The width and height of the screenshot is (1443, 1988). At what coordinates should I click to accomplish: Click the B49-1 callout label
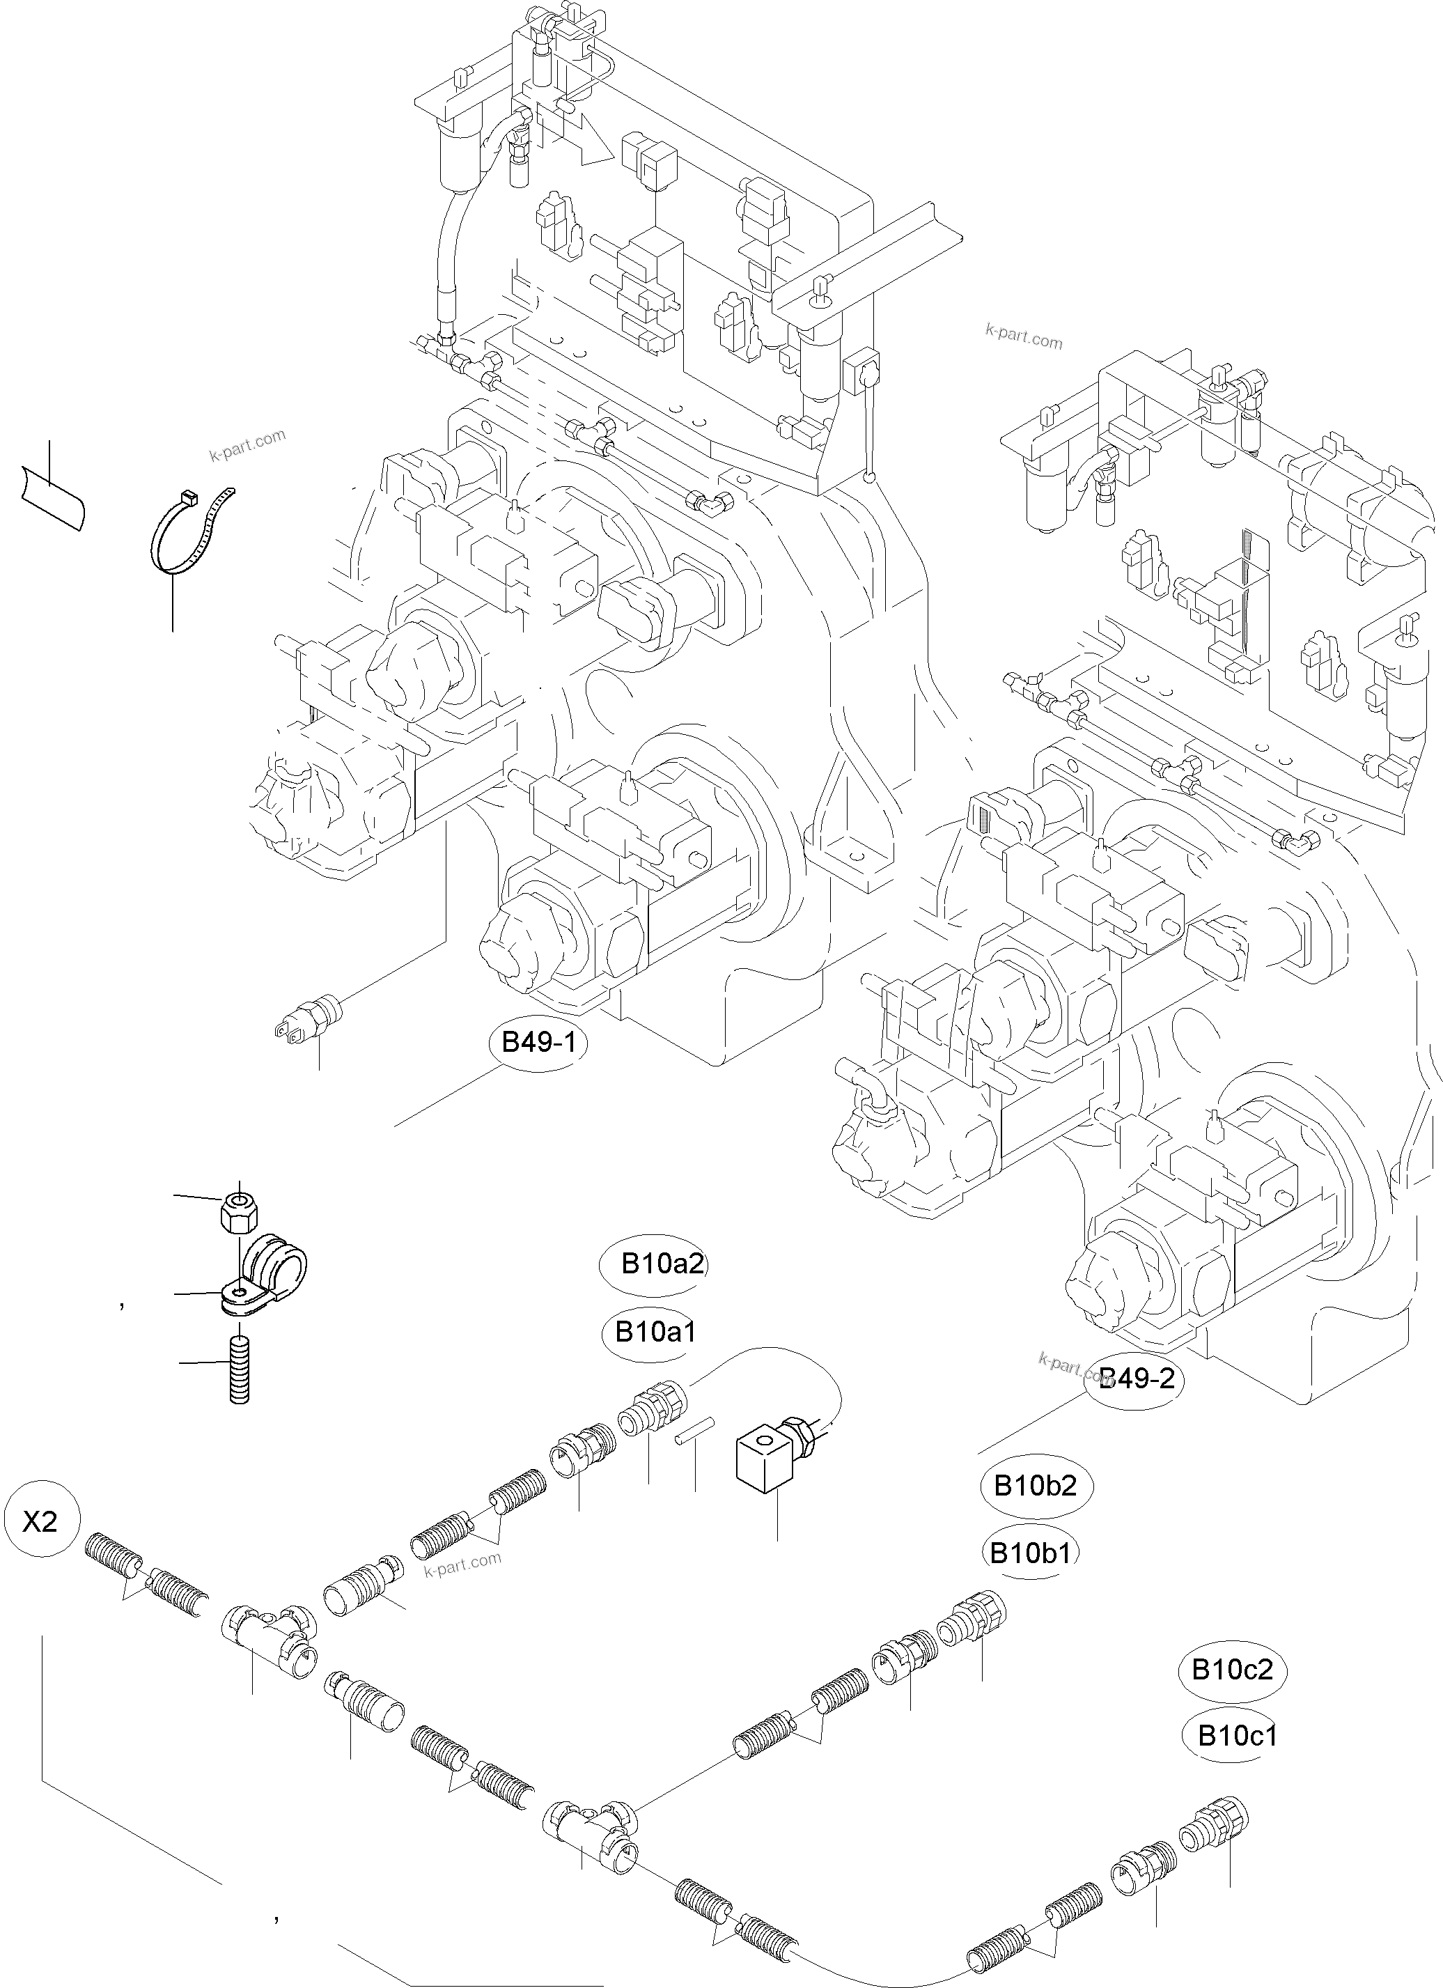coord(538,1043)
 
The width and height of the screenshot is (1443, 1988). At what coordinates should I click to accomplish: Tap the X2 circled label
coord(40,1521)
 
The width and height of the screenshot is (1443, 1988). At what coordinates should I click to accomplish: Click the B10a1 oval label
coord(654,1333)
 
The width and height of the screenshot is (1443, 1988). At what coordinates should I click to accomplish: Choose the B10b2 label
coord(1035,1486)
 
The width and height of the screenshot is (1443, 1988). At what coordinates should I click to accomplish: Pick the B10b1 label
coord(1029,1553)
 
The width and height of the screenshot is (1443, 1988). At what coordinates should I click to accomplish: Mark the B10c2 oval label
coord(1232,1669)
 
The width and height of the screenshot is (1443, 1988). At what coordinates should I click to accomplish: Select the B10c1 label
coord(1236,1736)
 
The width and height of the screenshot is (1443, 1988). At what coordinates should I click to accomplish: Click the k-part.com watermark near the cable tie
coord(248,444)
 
